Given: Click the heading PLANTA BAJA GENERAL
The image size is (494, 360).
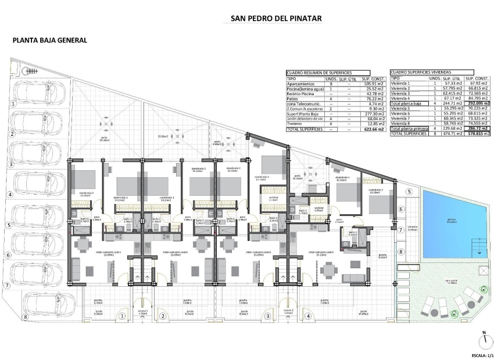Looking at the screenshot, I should coord(50,41).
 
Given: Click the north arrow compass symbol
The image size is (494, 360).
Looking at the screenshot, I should coord(484,340).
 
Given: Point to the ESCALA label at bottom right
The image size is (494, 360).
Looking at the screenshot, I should coord(479,355).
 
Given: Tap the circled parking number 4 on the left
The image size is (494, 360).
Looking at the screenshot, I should coord(10,195).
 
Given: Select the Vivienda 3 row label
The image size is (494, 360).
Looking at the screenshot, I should coord(401,93).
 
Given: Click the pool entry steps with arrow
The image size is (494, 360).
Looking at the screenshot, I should coord(479,253).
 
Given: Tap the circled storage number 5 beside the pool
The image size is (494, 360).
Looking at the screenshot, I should coord(409,192).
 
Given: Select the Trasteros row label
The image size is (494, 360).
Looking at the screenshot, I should coord(297,124).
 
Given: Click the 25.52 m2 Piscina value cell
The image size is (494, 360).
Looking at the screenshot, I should coord(371,88).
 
